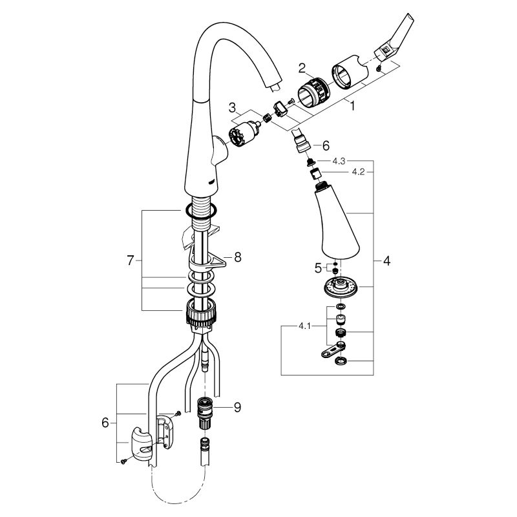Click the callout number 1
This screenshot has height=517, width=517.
pyautogui.click(x=352, y=106)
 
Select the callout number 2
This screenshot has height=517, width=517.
pyautogui.click(x=302, y=69)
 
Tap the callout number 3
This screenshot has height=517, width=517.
pyautogui.click(x=233, y=107)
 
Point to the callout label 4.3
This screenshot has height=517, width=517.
pyautogui.click(x=339, y=161)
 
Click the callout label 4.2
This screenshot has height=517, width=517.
pyautogui.click(x=358, y=172)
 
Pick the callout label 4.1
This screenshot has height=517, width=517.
pyautogui.click(x=304, y=326)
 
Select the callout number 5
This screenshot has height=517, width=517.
pyautogui.click(x=318, y=268)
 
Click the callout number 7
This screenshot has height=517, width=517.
pyautogui.click(x=131, y=261)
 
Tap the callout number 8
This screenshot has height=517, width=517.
pyautogui.click(x=238, y=257)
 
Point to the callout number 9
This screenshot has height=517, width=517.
pyautogui.click(x=237, y=408)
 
